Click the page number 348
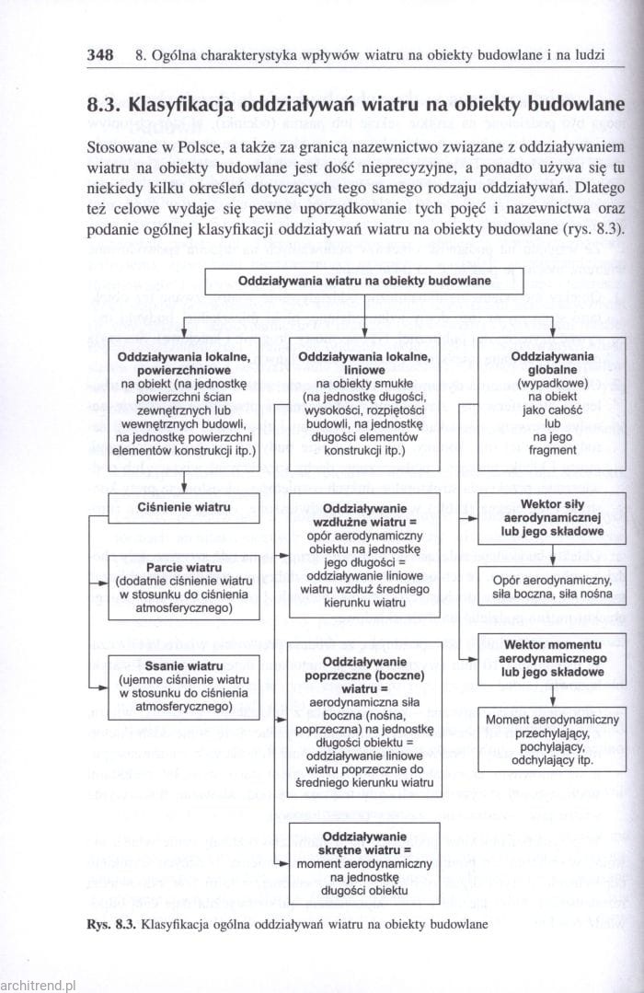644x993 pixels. pos(100,54)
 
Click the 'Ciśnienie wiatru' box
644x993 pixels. pos(186,507)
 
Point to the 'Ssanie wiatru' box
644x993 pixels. pos(186,686)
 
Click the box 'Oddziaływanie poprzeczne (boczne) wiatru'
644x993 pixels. pos(365,718)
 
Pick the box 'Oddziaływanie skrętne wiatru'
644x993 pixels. pos(365,861)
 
